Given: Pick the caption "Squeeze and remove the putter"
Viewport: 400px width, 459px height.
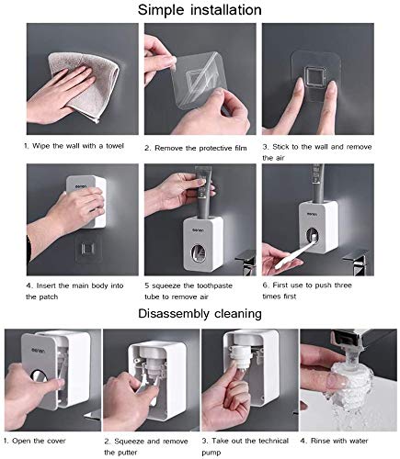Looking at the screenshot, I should point(146,443).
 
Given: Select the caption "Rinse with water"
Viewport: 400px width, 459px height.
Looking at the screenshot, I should point(346,438).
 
